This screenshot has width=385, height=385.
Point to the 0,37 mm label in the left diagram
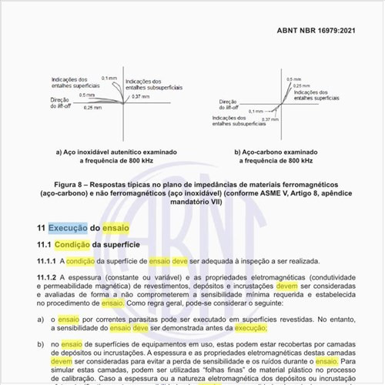pyautogui.click(x=141, y=96)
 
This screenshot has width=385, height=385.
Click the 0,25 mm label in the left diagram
pyautogui.click(x=92, y=107)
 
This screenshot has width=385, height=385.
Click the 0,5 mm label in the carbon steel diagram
pyautogui.click(x=293, y=79)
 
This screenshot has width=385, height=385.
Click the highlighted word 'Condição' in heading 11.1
pyautogui.click(x=72, y=245)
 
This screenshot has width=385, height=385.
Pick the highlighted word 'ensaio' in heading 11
pyautogui.click(x=115, y=229)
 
